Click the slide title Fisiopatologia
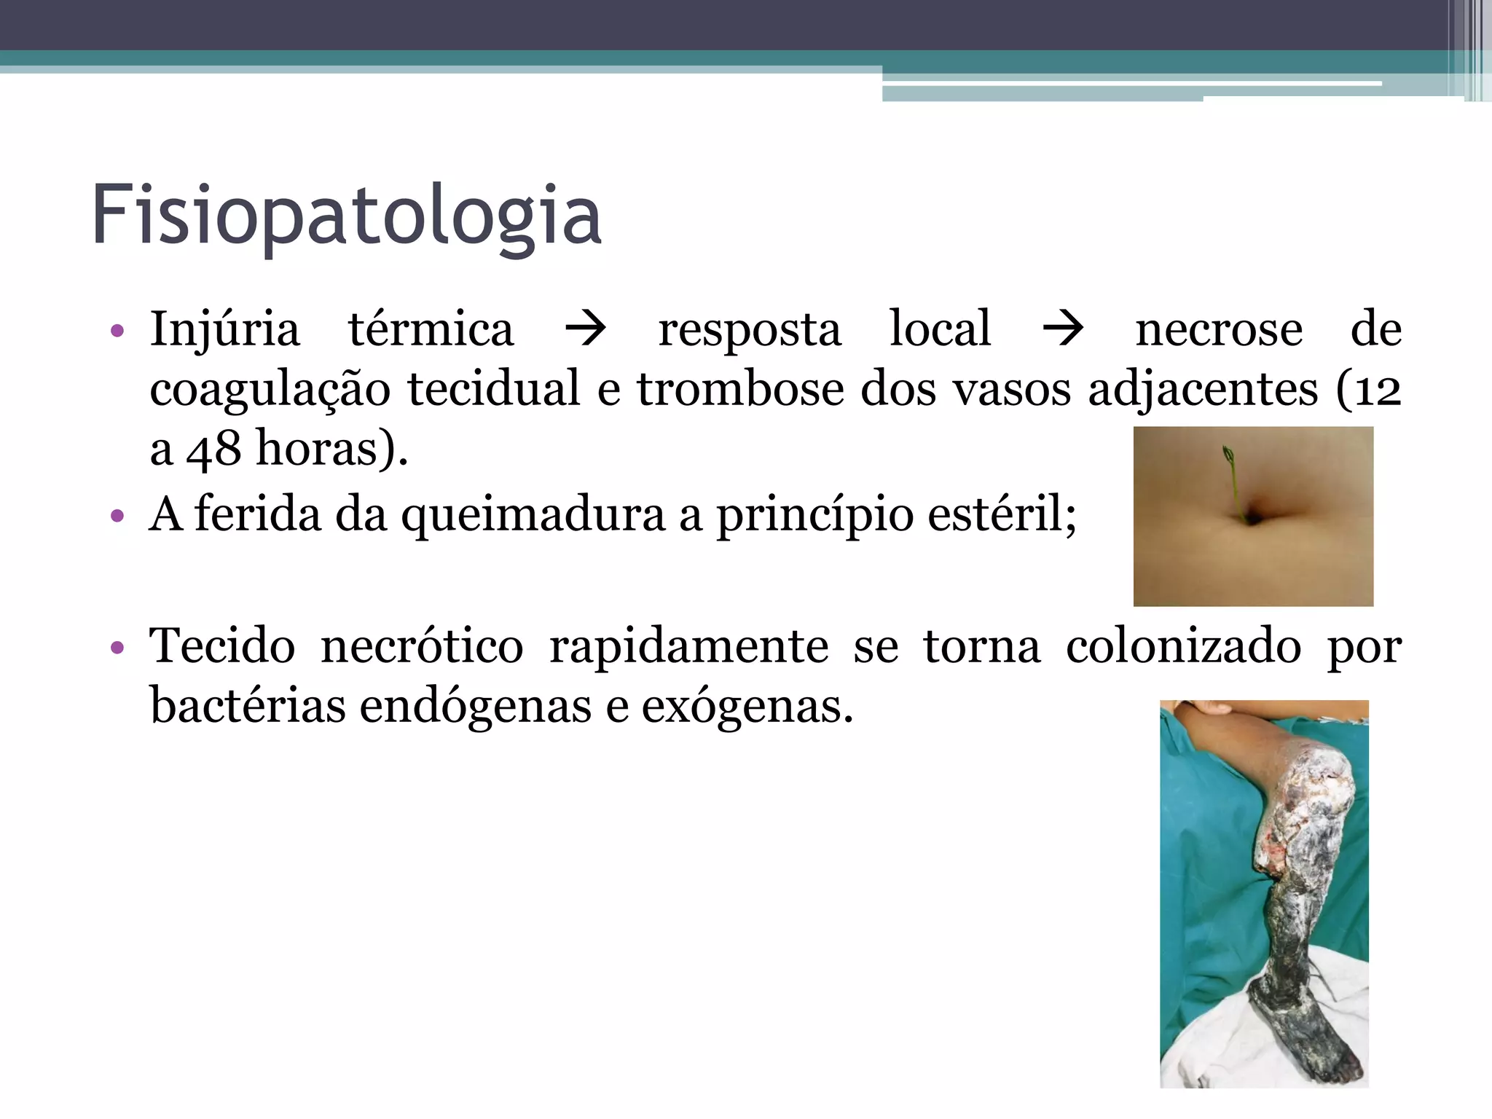(347, 216)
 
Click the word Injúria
(224, 329)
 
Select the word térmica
(431, 329)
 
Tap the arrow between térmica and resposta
(586, 329)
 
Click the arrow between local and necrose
(1063, 329)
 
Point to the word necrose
(1219, 329)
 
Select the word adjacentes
(1203, 389)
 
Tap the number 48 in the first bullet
(213, 449)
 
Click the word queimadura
(533, 514)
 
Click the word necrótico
(422, 646)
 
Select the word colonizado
(1183, 646)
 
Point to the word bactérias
(248, 706)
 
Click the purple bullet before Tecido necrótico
(117, 648)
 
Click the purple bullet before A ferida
(117, 516)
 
